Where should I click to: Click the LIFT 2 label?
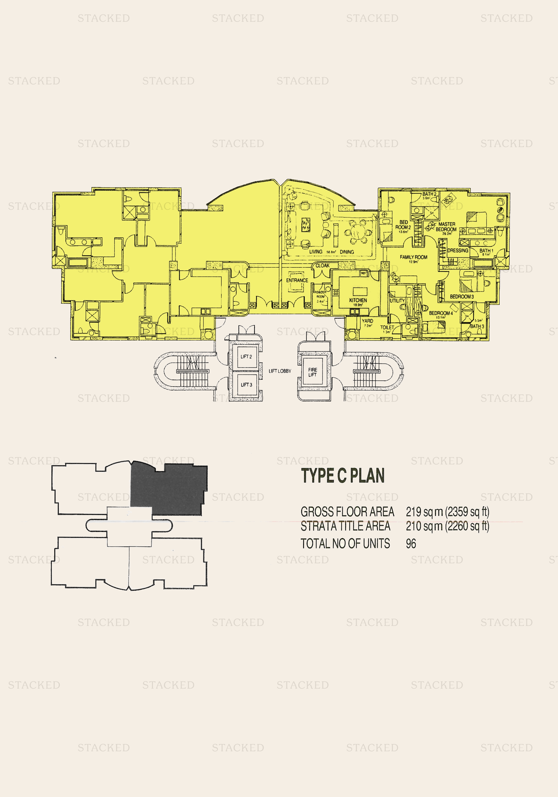click(x=246, y=356)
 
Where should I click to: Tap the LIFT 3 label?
click(x=246, y=385)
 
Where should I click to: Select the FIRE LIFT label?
click(x=312, y=372)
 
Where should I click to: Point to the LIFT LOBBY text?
click(x=280, y=371)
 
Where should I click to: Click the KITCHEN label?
click(x=358, y=300)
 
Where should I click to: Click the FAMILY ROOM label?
click(x=413, y=257)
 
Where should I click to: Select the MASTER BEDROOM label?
click(x=446, y=227)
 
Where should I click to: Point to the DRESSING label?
click(x=458, y=251)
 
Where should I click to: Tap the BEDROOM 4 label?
click(x=441, y=313)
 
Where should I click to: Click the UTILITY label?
click(x=397, y=301)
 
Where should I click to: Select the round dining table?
click(x=358, y=232)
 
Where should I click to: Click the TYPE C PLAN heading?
click(x=343, y=476)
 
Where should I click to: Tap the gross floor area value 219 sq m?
click(x=424, y=512)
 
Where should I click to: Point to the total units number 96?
click(x=411, y=544)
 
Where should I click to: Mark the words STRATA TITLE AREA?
click(x=345, y=526)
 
